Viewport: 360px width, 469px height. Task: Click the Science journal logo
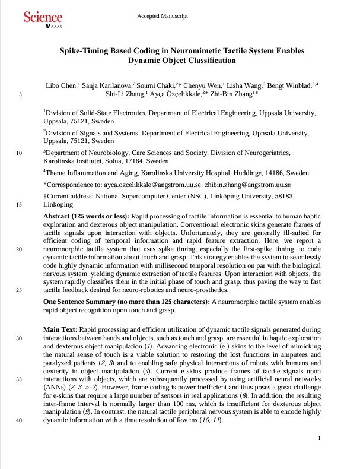[43, 19]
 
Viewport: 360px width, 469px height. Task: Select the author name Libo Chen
[61, 85]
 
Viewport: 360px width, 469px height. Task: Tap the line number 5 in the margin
[21, 94]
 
